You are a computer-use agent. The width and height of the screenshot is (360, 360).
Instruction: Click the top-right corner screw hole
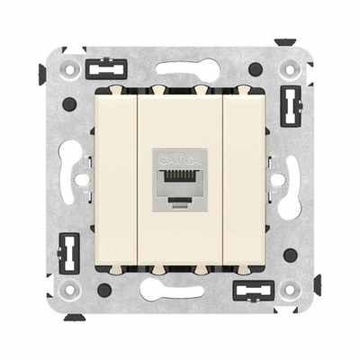point(292,67)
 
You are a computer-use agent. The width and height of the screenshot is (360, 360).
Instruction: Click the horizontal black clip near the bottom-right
point(253,290)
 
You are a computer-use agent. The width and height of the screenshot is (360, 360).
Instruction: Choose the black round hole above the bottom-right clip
point(291,255)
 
